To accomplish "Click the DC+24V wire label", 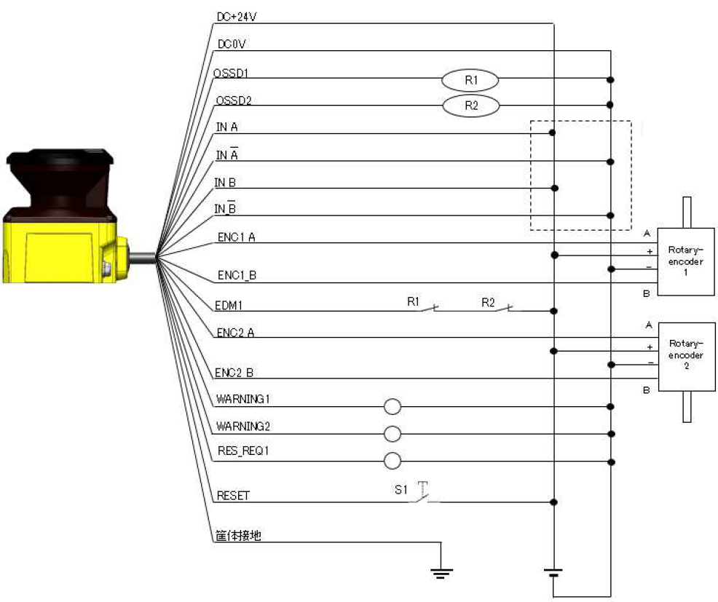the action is point(236,17).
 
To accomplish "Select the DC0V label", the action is point(232,44).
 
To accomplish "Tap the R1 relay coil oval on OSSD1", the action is point(470,80).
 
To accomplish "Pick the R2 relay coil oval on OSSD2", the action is point(470,106).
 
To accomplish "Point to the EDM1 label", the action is point(229,305).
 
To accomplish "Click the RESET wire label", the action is point(233,496).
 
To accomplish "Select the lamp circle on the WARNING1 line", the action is point(392,406).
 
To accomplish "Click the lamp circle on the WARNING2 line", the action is point(392,434).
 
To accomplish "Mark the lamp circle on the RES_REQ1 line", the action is point(392,461).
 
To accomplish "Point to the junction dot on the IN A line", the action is point(552,132).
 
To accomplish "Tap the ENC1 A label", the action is point(236,237).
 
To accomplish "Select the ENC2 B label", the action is point(234,373).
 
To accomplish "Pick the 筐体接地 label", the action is point(238,536).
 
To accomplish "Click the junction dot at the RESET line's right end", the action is point(553,502).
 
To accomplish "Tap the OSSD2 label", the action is point(234,100).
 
